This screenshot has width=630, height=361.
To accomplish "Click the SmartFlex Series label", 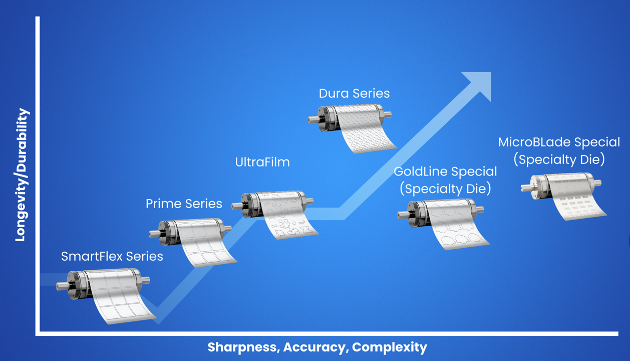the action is (x=112, y=256).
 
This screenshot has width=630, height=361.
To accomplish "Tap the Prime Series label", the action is (x=184, y=204).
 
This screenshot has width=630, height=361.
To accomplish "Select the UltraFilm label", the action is (x=262, y=162).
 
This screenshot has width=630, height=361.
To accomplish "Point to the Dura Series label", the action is (x=354, y=93).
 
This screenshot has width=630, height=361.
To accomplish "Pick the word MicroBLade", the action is (x=534, y=142).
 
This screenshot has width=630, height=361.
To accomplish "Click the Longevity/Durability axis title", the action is (x=22, y=174).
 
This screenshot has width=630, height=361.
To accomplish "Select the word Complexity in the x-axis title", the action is (x=390, y=347).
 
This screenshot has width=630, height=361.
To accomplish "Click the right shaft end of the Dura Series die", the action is (x=388, y=115).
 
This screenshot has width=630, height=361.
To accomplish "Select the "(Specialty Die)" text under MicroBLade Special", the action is (x=559, y=159).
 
